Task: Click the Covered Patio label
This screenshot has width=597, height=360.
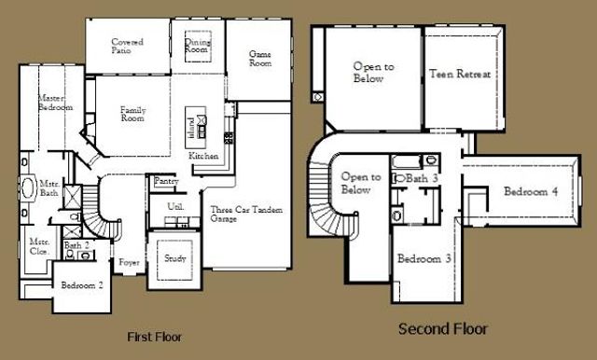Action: [126, 46]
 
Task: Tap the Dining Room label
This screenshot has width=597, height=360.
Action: [198, 46]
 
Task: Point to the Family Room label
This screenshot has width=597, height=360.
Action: [133, 115]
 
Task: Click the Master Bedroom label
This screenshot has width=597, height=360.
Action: [54, 104]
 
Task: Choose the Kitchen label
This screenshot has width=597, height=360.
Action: [203, 156]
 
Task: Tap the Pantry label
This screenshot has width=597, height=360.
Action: [166, 181]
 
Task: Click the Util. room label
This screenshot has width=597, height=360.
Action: [174, 205]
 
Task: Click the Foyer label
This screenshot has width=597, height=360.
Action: [129, 263]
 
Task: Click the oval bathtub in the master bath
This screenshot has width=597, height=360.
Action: [28, 189]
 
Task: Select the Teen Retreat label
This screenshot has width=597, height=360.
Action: [459, 74]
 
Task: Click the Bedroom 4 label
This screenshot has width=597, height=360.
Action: [531, 192]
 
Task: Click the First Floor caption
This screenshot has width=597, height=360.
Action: [153, 336]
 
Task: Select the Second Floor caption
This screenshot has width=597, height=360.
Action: [442, 329]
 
